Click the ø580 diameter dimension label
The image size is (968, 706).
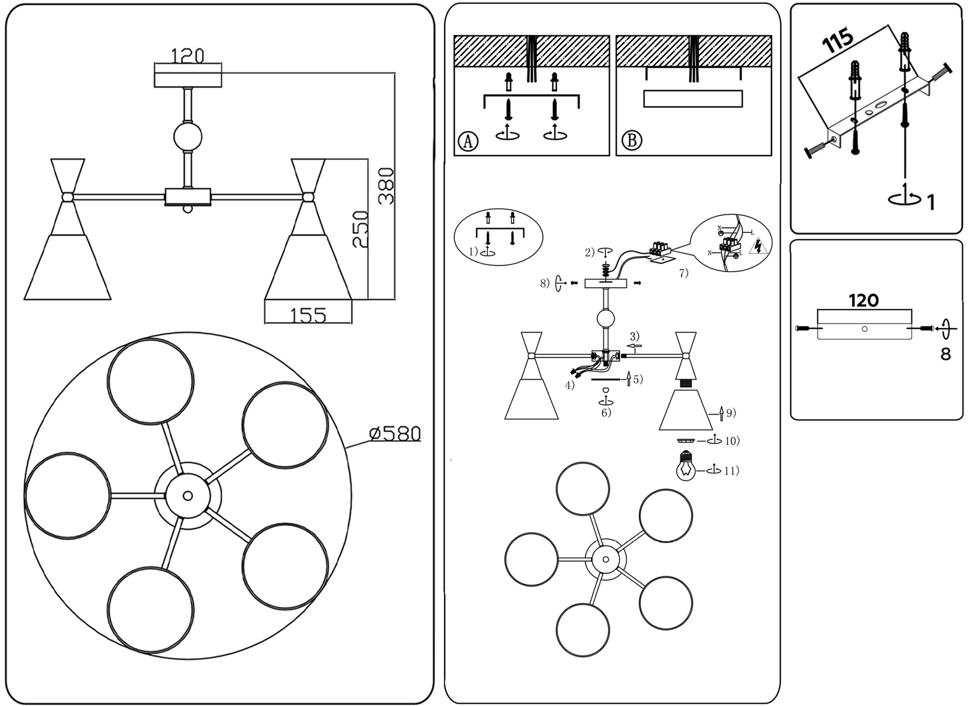tap(395, 434)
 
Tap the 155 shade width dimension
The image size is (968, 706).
tap(308, 315)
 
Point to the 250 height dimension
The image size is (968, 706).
tap(359, 229)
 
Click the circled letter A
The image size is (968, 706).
tap(468, 140)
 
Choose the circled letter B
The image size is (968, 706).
tap(631, 140)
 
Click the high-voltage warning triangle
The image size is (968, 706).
tap(757, 247)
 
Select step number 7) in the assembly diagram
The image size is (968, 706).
tap(683, 273)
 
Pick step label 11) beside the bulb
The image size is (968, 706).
tap(731, 471)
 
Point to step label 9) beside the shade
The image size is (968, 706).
tap(731, 413)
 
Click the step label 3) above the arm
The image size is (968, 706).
tap(634, 335)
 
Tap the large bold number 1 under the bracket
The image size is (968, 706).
tap(930, 202)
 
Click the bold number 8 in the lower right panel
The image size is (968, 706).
tap(945, 354)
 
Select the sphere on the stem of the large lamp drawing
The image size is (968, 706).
tap(187, 137)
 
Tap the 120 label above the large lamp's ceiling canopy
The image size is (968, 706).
tap(188, 56)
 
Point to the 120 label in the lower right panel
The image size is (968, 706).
tap(864, 300)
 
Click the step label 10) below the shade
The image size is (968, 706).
tap(732, 441)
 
